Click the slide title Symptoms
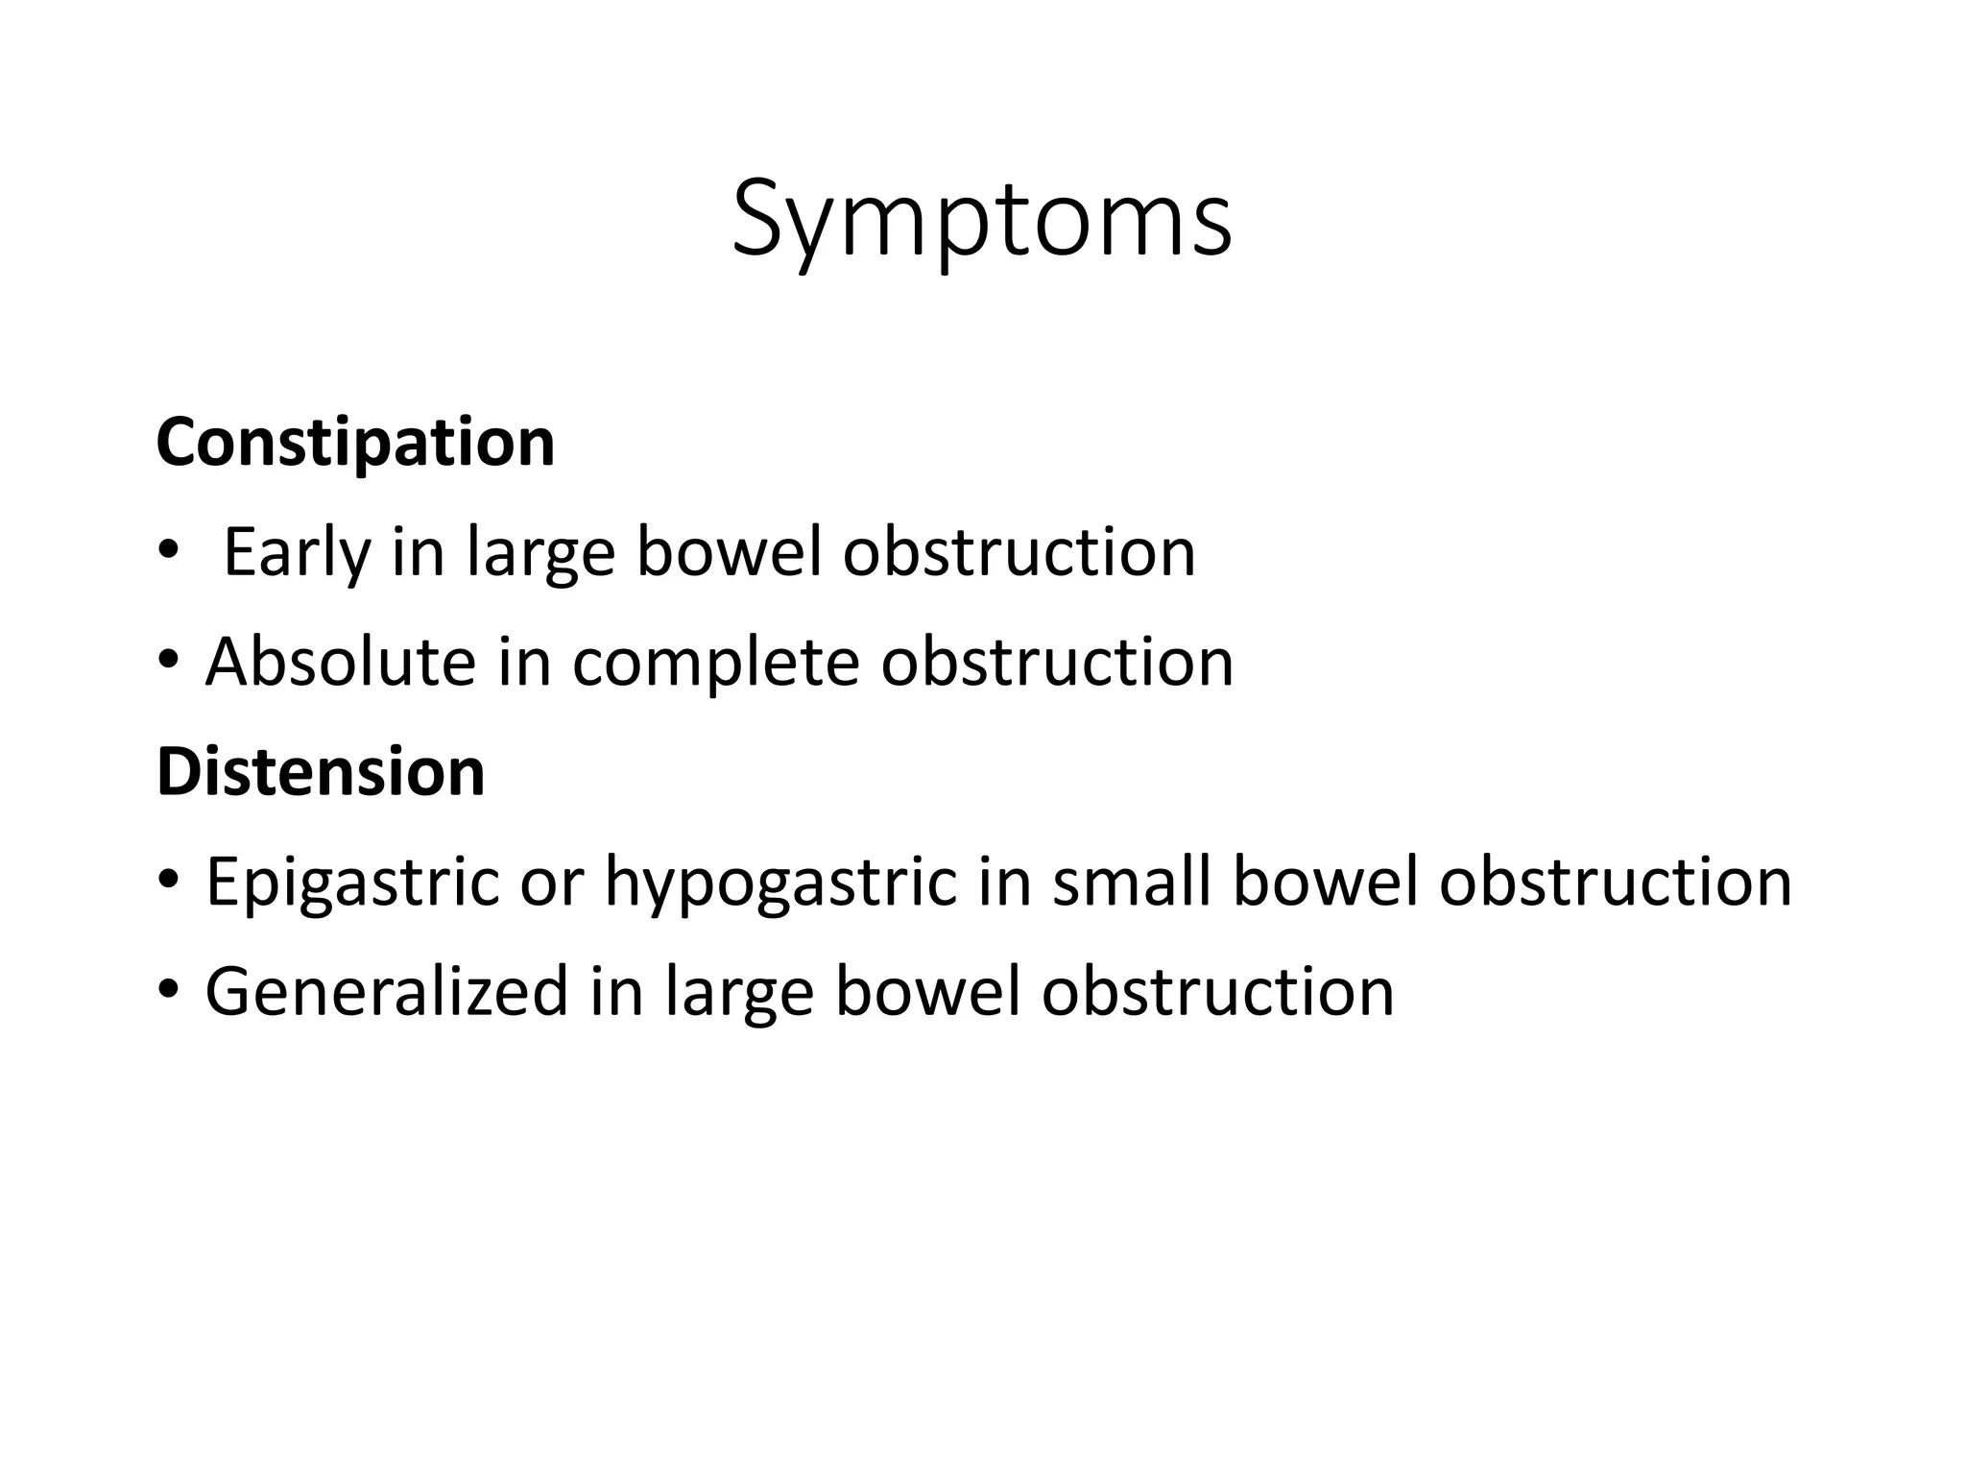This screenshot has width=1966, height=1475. pyautogui.click(x=981, y=221)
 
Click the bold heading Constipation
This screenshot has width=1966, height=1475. pyautogui.click(x=355, y=443)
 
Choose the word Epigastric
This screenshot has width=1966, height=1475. pyautogui.click(x=352, y=883)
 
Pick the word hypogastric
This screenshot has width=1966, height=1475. pyautogui.click(x=780, y=883)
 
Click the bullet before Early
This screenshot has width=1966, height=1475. pyautogui.click(x=169, y=551)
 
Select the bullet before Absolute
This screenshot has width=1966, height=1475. pyautogui.click(x=169, y=661)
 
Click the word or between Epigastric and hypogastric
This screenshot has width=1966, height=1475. pyautogui.click(x=551, y=884)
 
